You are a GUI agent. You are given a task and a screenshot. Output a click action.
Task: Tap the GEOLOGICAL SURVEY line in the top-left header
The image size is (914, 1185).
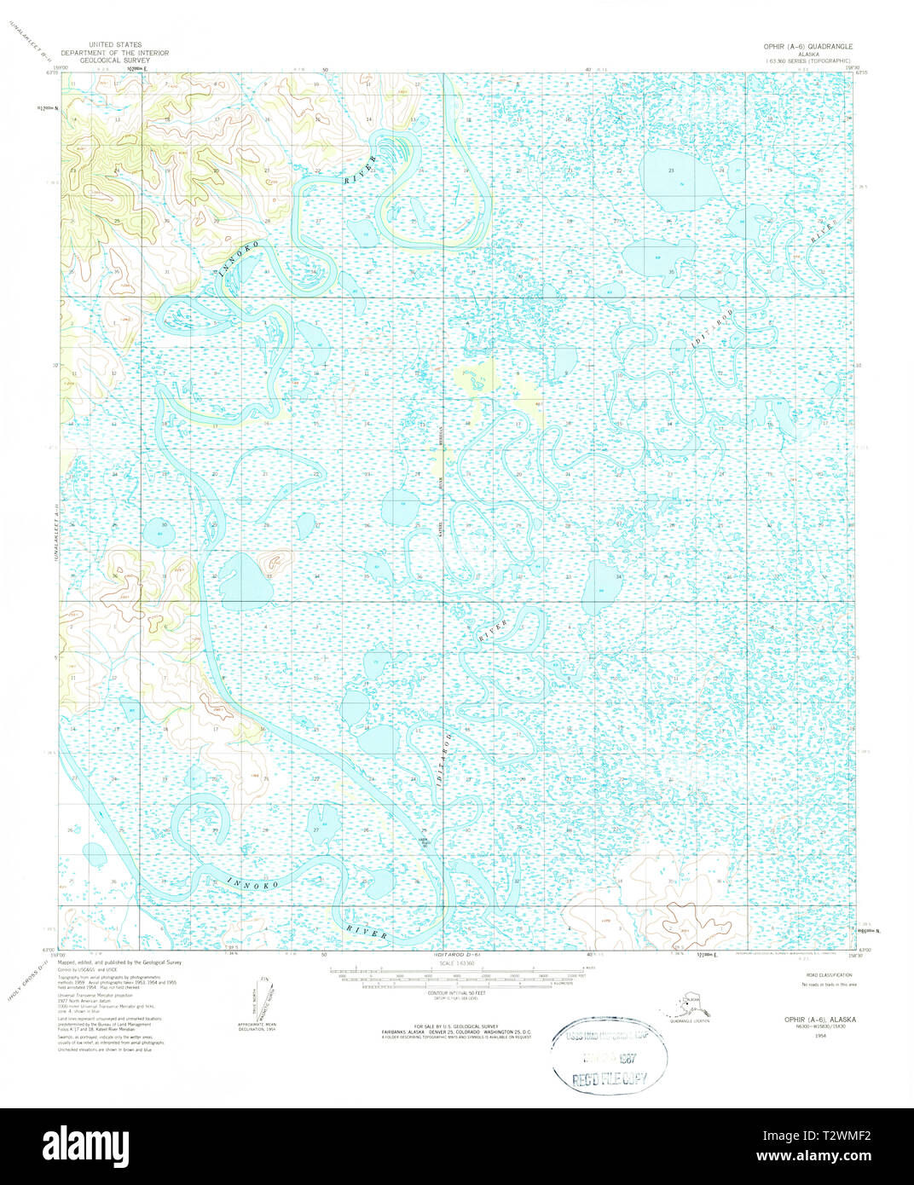pyautogui.click(x=113, y=61)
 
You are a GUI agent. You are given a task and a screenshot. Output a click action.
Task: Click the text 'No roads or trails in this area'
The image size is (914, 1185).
pyautogui.click(x=829, y=985)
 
